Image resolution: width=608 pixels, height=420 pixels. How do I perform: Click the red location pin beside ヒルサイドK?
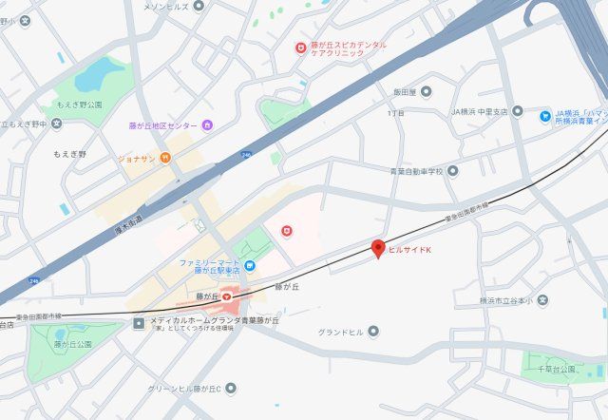377,249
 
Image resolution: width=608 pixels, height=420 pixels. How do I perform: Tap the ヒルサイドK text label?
410,250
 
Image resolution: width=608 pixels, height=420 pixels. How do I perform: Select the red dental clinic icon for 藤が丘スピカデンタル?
300,46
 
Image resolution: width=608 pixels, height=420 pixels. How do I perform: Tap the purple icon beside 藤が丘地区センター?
207,125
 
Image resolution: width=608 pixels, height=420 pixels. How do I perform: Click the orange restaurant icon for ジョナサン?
164,158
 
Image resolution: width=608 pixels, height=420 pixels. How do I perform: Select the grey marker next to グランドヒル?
373,332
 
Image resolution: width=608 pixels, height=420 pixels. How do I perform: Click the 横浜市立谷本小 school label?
507,301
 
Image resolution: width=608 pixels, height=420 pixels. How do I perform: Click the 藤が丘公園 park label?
72,344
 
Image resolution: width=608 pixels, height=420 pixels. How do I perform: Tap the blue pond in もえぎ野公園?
92,73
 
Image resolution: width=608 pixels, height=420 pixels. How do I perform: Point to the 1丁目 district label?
395,113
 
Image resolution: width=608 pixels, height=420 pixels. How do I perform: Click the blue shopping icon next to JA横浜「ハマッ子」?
545,117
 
